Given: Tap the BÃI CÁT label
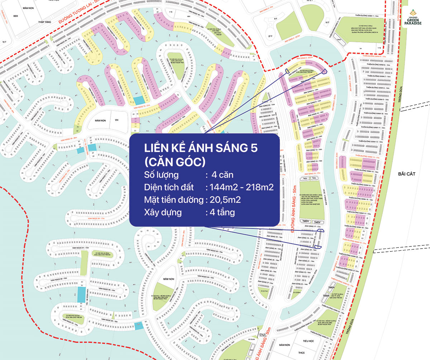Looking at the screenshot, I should [406, 174].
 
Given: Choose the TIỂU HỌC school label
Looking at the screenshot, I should [308, 341].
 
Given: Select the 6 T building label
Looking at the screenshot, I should [276, 18].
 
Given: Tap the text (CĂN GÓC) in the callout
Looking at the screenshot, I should [175, 162].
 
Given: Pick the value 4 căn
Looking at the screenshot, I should [222, 175].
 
